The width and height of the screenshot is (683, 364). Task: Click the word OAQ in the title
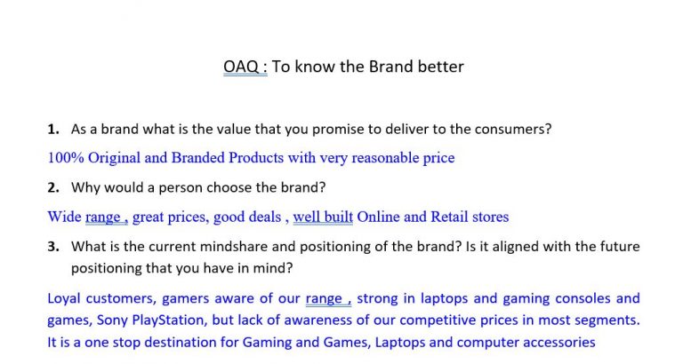click(241, 67)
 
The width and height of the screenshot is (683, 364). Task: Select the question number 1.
click(53, 129)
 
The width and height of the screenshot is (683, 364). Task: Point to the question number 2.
click(53, 187)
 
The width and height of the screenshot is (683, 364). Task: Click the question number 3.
click(53, 247)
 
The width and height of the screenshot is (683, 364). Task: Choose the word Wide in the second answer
click(64, 217)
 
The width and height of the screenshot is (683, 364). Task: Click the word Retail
click(449, 217)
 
